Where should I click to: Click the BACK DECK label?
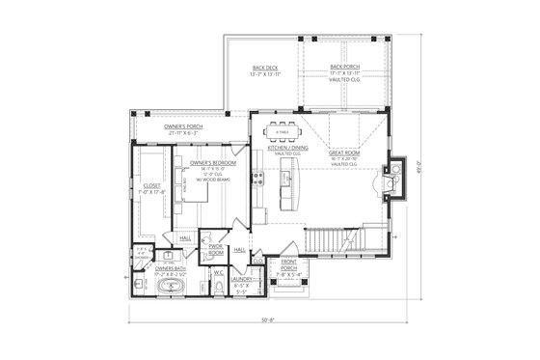[262, 69]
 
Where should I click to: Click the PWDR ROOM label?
[217, 248]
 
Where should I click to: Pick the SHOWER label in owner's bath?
[142, 256]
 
